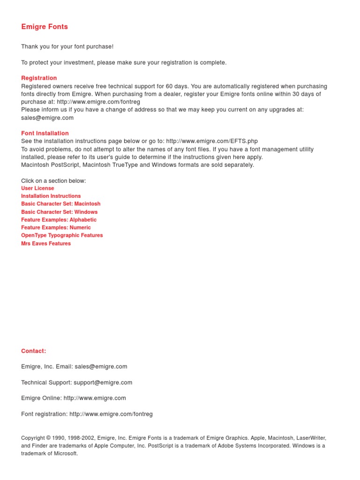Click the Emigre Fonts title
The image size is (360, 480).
[45, 27]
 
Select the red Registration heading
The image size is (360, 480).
[39, 78]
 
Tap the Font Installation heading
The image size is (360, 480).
[45, 133]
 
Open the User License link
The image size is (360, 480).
[37, 188]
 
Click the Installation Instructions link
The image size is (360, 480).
[51, 196]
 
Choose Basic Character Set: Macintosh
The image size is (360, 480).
[60, 204]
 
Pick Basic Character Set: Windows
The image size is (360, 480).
[59, 212]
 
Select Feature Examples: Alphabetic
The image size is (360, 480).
[59, 220]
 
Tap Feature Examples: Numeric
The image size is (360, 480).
[56, 227]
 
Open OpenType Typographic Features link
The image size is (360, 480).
[62, 235]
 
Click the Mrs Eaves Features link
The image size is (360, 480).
[46, 243]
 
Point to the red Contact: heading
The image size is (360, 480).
[34, 351]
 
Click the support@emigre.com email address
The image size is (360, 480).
[103, 382]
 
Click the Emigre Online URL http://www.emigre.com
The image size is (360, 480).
[95, 398]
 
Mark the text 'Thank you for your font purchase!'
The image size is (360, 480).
[67, 47]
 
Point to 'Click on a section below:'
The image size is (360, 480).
[53, 180]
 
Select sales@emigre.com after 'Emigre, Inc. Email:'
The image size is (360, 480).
[101, 367]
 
